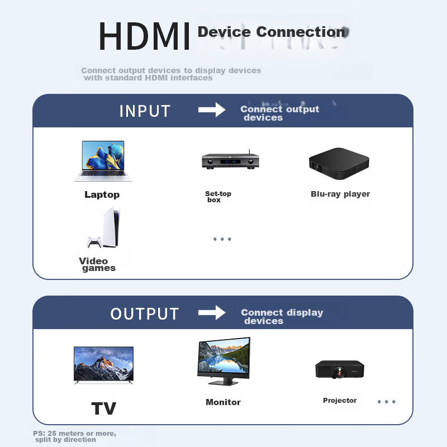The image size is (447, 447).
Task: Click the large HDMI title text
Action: [x=144, y=36]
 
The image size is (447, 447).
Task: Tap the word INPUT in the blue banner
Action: [x=145, y=111]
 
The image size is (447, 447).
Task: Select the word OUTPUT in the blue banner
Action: [x=145, y=314]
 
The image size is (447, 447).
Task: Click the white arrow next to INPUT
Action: [x=212, y=110]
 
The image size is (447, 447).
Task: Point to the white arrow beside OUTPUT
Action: [x=212, y=313]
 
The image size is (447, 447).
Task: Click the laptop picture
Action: [x=103, y=161]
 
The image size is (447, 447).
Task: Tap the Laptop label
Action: [x=102, y=194]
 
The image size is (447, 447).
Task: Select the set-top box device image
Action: [x=230, y=160]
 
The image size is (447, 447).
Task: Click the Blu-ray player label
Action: [x=340, y=194]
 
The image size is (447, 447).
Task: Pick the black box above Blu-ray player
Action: [x=339, y=163]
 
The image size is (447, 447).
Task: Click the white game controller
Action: [x=94, y=242]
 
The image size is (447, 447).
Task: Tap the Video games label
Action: [x=97, y=264]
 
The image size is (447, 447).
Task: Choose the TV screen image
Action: [x=103, y=365]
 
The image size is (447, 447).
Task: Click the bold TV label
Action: [x=104, y=408]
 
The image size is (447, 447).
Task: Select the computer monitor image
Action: [x=224, y=361]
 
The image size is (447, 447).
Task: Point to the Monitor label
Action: [x=223, y=402]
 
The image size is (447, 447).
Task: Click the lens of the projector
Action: [x=339, y=372]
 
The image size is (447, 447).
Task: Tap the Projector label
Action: [x=340, y=400]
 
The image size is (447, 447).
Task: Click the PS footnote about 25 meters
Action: [x=74, y=436]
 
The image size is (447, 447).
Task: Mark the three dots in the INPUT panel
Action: [x=222, y=239]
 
